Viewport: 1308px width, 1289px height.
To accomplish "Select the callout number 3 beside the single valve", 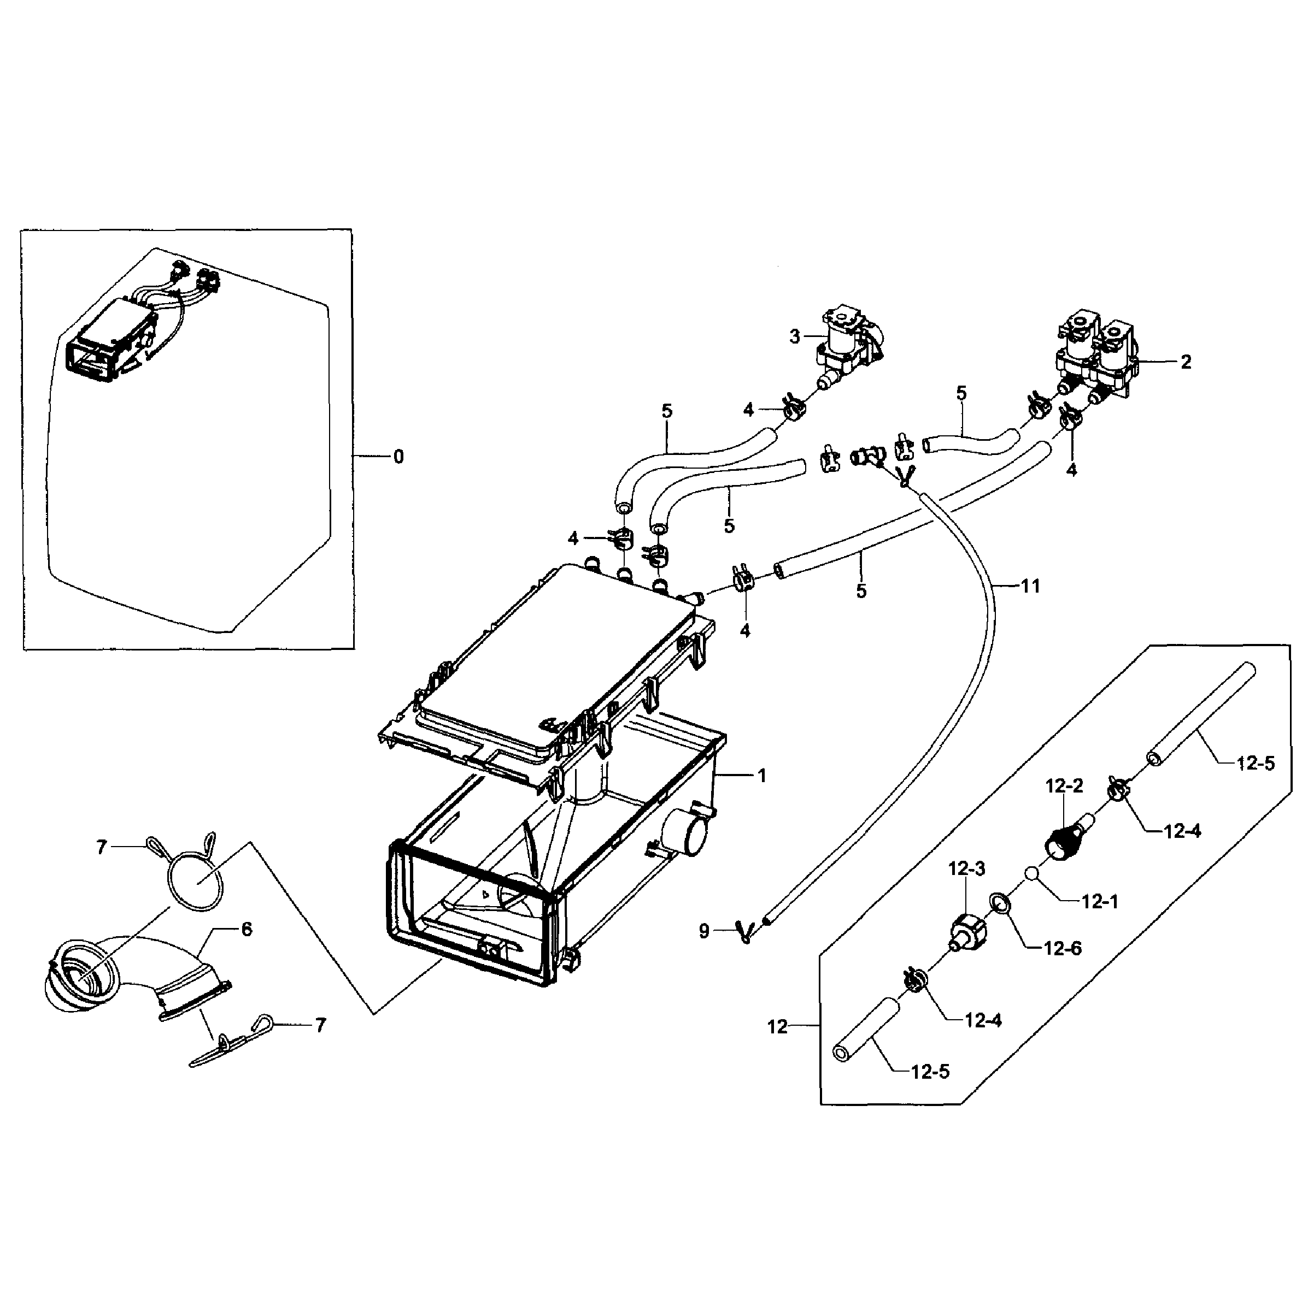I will [795, 336].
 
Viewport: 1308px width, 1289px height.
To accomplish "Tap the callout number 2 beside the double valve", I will [1186, 362].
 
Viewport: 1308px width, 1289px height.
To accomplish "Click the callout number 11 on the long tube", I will [1030, 586].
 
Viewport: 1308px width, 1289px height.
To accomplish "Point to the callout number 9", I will [704, 932].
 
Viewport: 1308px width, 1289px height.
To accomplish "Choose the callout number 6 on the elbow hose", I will [247, 930].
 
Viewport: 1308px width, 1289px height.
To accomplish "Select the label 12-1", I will [1100, 902].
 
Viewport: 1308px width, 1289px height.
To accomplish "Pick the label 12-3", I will [967, 869].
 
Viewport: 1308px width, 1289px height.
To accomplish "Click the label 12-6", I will [1063, 949].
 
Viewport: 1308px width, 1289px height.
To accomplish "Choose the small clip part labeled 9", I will [744, 932].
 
